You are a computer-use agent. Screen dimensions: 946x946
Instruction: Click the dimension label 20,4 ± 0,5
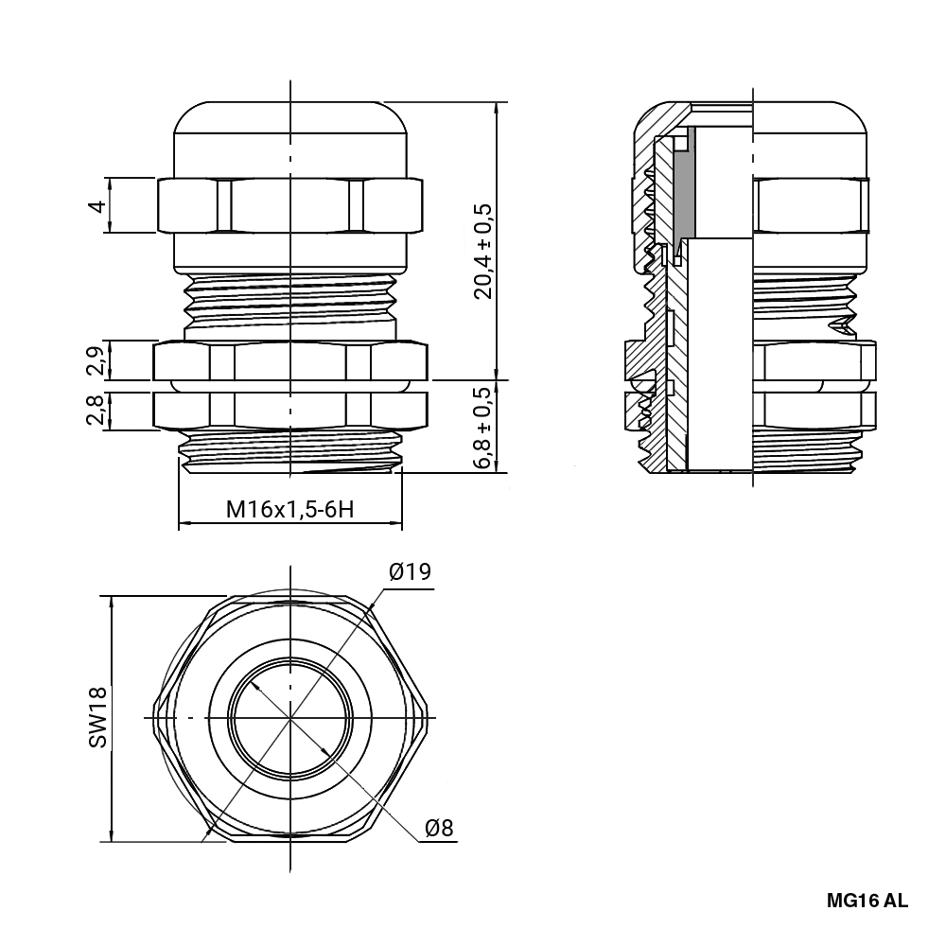coord(484,250)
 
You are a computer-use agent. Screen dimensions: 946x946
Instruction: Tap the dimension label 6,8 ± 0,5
coord(484,427)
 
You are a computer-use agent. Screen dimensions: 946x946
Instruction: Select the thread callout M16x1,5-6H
coord(289,510)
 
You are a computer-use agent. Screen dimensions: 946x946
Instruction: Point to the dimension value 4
coord(96,205)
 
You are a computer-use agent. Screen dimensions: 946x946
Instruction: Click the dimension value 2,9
coord(96,360)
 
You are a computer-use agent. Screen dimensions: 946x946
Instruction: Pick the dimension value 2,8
coord(96,411)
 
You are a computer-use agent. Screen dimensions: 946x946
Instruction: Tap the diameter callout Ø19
coord(410,572)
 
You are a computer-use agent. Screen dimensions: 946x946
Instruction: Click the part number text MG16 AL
coord(867,901)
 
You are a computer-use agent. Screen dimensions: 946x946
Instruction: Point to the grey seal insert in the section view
coord(688,184)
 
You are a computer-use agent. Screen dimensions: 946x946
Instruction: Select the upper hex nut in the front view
coord(290,205)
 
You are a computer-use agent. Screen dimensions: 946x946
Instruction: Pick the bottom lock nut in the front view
coord(290,411)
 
